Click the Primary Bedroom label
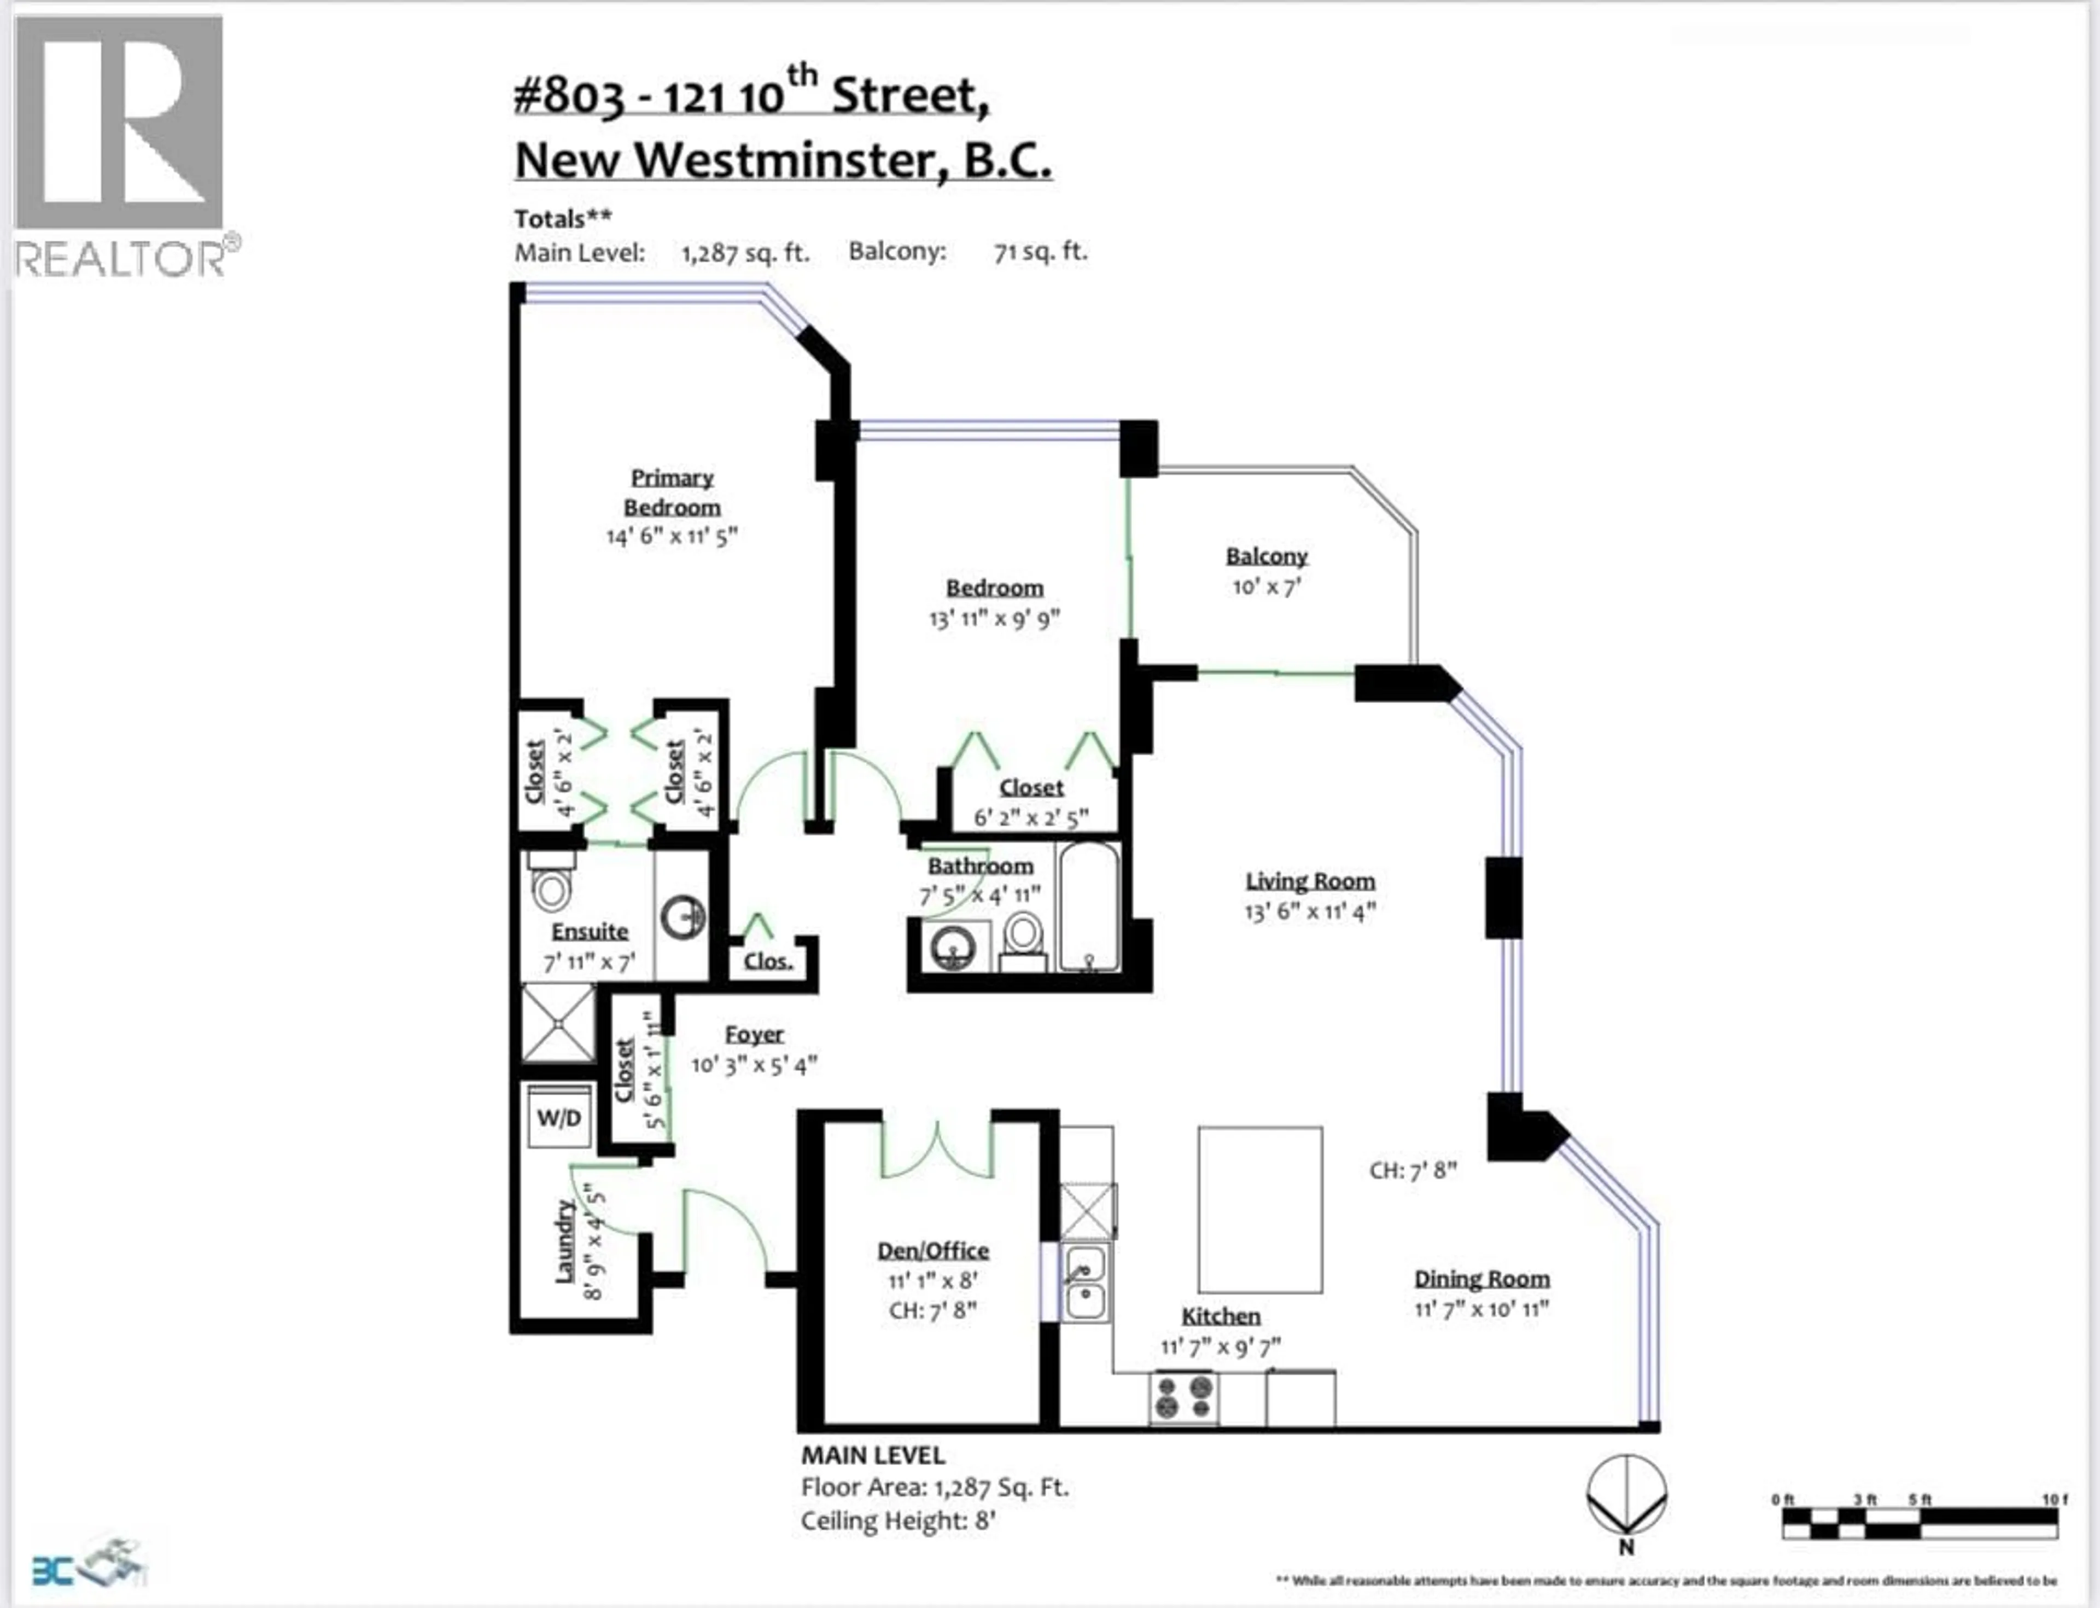(x=672, y=492)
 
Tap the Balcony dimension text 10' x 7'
(x=1265, y=587)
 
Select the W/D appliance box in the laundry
(x=559, y=1117)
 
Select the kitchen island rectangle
(x=1260, y=1210)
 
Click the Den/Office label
(x=933, y=1250)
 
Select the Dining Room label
(x=1481, y=1279)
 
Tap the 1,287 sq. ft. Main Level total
(x=744, y=253)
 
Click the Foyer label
(x=754, y=1034)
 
